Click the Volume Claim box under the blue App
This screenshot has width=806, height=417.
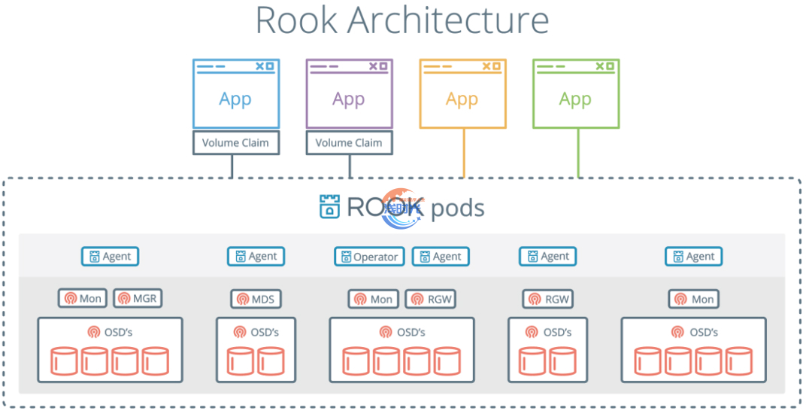coord(235,143)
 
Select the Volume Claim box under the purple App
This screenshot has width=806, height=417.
coord(349,143)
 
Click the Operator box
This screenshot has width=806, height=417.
coord(369,257)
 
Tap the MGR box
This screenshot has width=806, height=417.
coord(138,299)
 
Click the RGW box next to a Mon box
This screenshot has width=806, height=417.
coord(432,299)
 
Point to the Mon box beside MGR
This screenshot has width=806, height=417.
coord(83,299)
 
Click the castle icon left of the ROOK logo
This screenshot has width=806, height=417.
coord(329,207)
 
